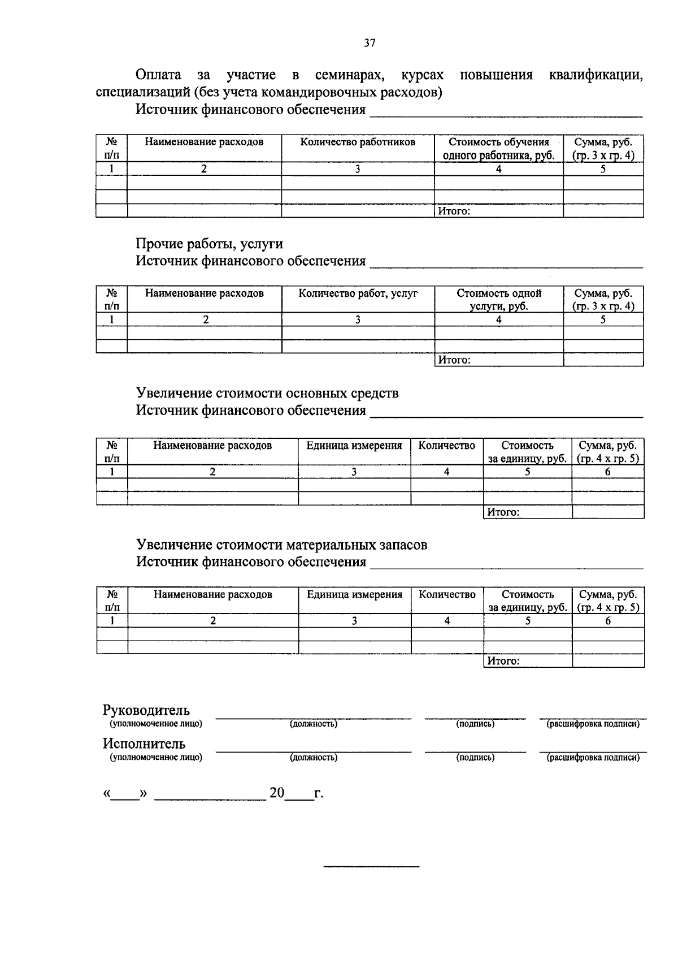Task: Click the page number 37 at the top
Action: tap(370, 43)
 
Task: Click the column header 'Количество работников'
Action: tap(358, 142)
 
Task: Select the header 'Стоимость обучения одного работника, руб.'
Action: tap(498, 149)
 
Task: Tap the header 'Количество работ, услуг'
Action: tap(358, 293)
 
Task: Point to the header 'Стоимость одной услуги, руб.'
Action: tap(498, 300)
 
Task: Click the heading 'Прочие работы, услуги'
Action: tap(209, 244)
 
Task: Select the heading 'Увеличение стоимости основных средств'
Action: tap(267, 393)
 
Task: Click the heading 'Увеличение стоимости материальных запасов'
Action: tap(281, 545)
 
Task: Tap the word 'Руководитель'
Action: tap(146, 710)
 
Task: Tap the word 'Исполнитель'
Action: tap(144, 744)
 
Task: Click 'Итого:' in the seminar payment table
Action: tap(455, 211)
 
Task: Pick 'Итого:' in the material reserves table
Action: tap(503, 661)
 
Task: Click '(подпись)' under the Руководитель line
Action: tap(475, 724)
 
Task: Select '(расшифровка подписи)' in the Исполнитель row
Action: tap(593, 758)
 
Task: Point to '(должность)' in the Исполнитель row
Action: tap(314, 758)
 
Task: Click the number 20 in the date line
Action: tap(277, 793)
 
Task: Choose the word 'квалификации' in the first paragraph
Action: tap(596, 75)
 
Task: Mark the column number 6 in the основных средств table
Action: tap(608, 472)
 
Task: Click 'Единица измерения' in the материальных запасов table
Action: tap(354, 594)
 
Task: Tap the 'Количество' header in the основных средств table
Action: tap(446, 446)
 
